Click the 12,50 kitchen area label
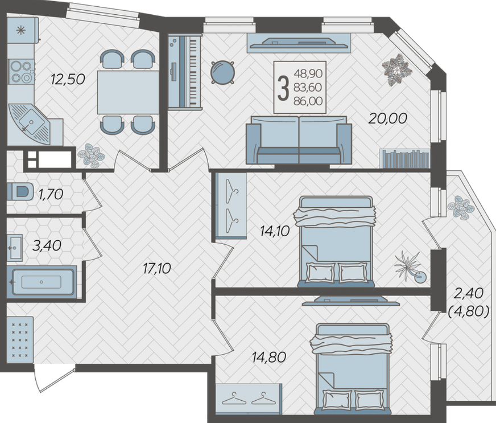coord(68,79)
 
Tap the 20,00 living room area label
coord(387,118)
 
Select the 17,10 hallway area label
coord(156,269)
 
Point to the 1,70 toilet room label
coord(51,194)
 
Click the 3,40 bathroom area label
coord(47,245)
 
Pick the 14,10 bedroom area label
coord(275,231)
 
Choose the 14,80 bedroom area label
coord(269,357)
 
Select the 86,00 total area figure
coord(308,101)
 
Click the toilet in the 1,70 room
coord(20,191)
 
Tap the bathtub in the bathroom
coord(42,281)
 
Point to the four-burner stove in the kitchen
coord(21,72)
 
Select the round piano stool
coord(223,72)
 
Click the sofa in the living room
coord(299,139)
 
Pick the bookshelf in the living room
coord(404,159)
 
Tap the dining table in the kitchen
coord(128,92)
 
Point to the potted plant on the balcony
coord(461,207)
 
